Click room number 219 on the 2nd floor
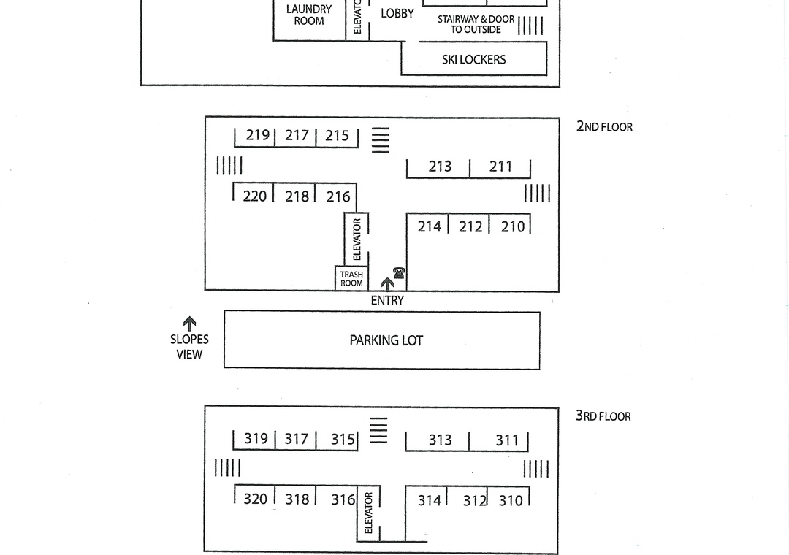[x=257, y=135]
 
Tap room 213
[x=440, y=166]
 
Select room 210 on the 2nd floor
[x=513, y=226]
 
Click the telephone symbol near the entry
[x=399, y=273]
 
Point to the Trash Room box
[x=351, y=279]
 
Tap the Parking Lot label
[x=386, y=340]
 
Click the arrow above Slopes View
[x=189, y=323]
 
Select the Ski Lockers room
[x=473, y=59]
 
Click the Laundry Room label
[x=309, y=15]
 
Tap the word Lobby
[x=397, y=13]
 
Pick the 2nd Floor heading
[x=604, y=126]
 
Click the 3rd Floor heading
[x=603, y=416]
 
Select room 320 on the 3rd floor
[x=255, y=499]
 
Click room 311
[x=507, y=440]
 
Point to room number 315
[x=343, y=439]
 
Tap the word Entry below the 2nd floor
[x=387, y=300]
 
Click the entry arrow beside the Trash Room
[x=386, y=283]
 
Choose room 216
[x=338, y=196]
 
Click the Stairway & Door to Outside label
[x=476, y=24]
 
